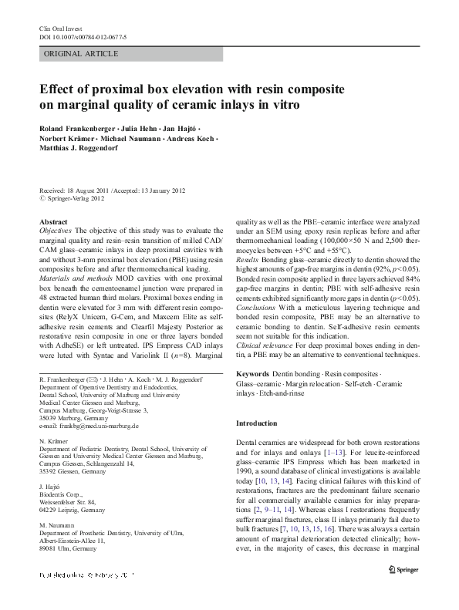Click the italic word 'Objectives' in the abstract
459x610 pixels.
[56, 231]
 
